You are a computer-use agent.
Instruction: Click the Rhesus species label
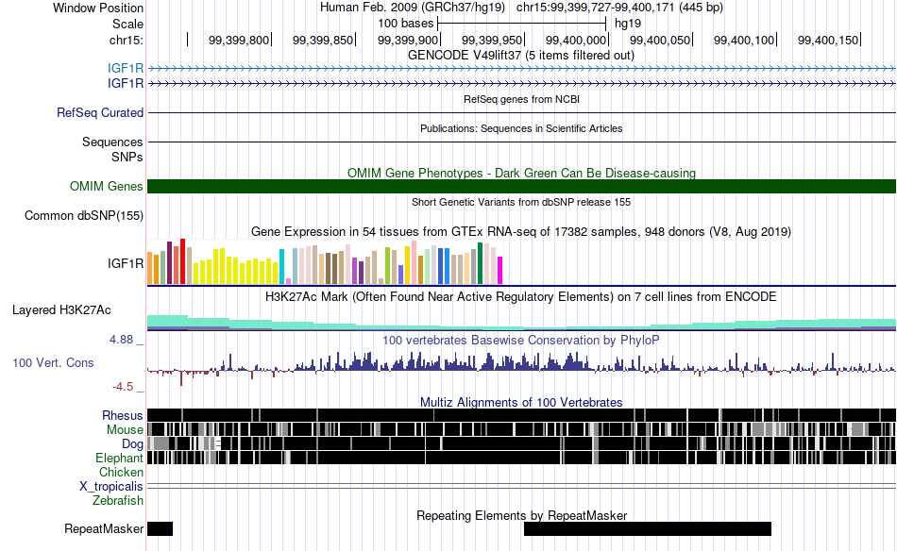[123, 415]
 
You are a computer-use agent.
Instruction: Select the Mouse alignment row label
[125, 430]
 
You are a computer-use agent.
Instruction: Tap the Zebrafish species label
[118, 501]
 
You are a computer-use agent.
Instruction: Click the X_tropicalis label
[111, 487]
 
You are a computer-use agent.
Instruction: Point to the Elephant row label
[120, 458]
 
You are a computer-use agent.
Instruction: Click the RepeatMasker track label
[104, 528]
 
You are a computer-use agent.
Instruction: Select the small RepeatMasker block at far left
[161, 528]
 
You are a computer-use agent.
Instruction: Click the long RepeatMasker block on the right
[648, 528]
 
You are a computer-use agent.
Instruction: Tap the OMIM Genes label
[107, 186]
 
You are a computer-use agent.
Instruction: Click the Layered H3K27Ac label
[61, 309]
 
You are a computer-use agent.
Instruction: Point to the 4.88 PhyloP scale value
[121, 340]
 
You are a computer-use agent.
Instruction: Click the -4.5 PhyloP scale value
[123, 387]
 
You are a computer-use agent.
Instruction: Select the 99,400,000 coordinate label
[576, 40]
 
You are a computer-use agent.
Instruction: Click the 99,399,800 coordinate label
[239, 40]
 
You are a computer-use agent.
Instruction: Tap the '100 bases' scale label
[406, 24]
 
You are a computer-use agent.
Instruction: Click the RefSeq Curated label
[100, 112]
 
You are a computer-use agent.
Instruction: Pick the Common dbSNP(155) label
[84, 215]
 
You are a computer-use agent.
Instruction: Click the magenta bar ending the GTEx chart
[500, 271]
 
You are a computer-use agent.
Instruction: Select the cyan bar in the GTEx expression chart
[281, 267]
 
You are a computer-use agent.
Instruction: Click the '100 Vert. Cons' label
[53, 363]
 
